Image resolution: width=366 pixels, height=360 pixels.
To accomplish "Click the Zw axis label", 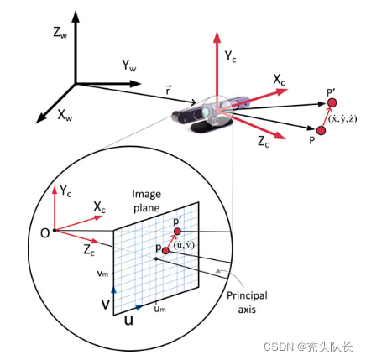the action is point(60,33).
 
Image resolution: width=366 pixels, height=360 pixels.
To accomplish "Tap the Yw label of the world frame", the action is point(129,65).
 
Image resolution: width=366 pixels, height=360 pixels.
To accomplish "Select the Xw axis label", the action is point(65,115).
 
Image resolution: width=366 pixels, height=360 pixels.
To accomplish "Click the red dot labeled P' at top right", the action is point(332,102).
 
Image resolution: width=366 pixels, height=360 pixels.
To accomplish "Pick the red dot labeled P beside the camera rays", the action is point(321,130).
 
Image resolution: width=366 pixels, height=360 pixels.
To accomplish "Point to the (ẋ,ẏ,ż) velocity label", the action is point(342,119).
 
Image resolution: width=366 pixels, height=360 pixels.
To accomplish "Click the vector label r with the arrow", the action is point(168,90).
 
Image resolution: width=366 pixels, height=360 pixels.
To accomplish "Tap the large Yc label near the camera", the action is point(231,56).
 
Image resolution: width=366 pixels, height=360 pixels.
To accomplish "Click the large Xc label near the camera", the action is point(279,80).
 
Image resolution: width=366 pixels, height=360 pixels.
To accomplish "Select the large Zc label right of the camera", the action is point(264,142).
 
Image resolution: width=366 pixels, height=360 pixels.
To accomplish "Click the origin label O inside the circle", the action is point(44,233).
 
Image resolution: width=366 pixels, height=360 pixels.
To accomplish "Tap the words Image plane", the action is point(147,201).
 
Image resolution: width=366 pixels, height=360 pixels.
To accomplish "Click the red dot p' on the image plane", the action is point(177,232).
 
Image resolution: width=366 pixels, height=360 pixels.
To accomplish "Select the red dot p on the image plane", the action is point(165,251).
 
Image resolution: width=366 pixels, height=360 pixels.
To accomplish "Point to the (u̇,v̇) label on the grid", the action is point(184,245).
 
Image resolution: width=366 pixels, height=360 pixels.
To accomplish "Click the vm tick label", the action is point(102,274).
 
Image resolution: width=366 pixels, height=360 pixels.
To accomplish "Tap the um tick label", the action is point(160,309).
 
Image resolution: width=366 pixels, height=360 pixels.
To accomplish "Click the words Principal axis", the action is point(247,302).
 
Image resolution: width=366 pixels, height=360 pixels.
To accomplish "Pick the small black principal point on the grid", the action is point(156,258).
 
